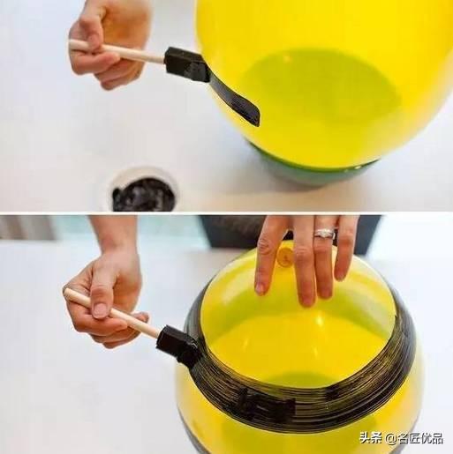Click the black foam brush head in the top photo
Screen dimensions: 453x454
pyautogui.click(x=186, y=64)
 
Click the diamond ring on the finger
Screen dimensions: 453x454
pyautogui.click(x=325, y=234)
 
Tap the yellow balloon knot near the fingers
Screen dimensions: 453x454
pyautogui.click(x=285, y=256)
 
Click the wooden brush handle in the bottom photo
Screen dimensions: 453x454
pyautogui.click(x=112, y=313)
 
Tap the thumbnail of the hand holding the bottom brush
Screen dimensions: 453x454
pyautogui.click(x=101, y=311)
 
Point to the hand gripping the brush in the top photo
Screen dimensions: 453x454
pyautogui.click(x=109, y=44)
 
